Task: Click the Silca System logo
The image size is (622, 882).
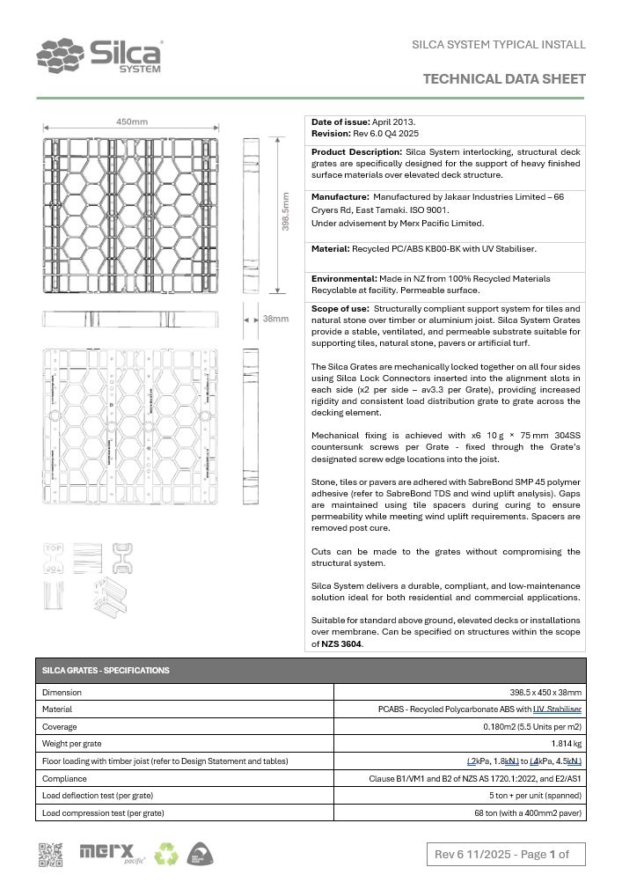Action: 99,56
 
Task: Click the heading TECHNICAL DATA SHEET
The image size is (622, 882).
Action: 504,79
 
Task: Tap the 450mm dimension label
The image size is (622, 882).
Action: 132,121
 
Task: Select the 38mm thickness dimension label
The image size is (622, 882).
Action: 275,318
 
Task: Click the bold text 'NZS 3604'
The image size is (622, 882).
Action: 340,643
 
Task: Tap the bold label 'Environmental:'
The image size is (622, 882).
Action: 344,279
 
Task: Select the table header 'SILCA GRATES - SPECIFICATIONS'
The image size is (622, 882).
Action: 106,671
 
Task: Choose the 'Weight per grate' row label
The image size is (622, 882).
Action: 72,744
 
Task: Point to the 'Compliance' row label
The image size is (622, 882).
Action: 64,778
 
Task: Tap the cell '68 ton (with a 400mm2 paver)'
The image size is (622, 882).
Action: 528,813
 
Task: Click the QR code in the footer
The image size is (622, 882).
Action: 50,854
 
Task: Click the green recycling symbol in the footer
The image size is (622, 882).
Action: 166,853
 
